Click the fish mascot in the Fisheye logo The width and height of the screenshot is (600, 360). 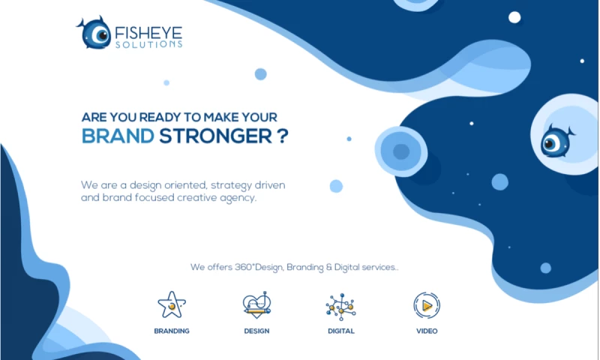click(94, 33)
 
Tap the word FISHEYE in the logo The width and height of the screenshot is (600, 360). click(148, 33)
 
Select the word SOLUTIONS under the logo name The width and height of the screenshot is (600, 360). click(148, 44)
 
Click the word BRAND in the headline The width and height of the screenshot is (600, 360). click(118, 136)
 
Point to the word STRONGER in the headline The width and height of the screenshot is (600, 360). click(215, 136)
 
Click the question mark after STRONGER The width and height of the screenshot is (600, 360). click(283, 136)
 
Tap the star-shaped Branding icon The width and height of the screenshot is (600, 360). click(172, 305)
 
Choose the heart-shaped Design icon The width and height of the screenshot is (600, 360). click(256, 305)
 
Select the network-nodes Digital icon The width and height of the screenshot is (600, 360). click(341, 307)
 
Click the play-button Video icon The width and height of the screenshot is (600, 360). click(427, 305)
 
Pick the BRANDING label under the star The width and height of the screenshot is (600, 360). click(172, 331)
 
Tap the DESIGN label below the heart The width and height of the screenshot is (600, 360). click(256, 331)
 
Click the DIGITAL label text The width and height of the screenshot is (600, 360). click(341, 331)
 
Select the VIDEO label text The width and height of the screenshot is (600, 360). click(427, 331)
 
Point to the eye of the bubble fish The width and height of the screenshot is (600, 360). click(550, 143)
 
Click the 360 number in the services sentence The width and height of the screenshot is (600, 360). click(242, 267)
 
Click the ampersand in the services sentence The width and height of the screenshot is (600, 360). click(329, 267)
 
